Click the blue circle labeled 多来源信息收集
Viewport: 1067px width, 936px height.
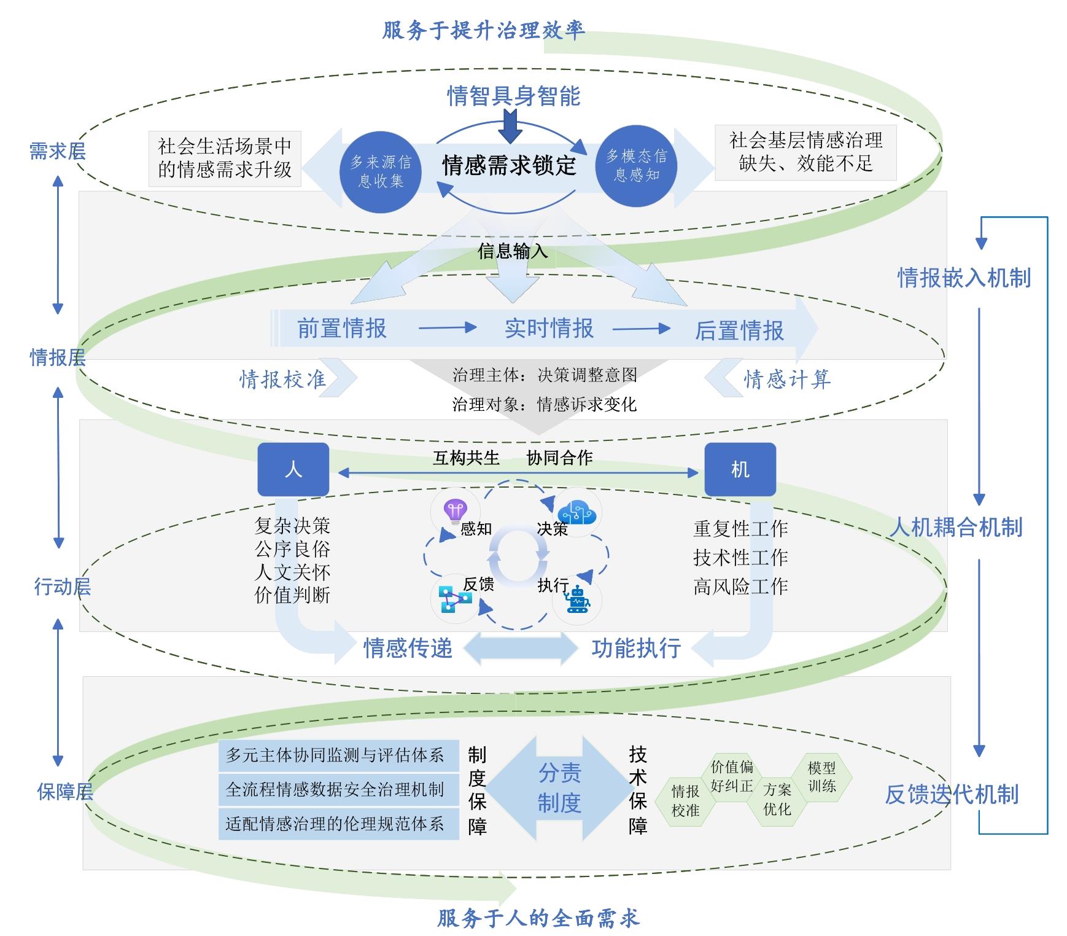[381, 171]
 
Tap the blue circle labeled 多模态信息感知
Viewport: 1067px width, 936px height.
[637, 165]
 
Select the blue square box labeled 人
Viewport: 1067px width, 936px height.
[293, 469]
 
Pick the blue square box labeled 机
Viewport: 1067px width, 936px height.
[740, 469]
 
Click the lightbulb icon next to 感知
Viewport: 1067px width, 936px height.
[455, 511]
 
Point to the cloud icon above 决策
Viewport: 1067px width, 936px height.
[577, 511]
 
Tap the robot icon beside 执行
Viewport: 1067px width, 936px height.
[578, 600]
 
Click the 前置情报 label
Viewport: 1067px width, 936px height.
[342, 329]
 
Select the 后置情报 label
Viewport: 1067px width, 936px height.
[739, 330]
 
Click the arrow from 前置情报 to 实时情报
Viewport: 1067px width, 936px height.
[447, 328]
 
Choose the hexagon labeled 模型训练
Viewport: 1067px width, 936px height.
[822, 777]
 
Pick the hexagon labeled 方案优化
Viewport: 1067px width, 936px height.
[777, 800]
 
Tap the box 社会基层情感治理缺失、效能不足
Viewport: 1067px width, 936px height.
[805, 152]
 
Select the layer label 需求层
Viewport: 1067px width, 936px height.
[58, 151]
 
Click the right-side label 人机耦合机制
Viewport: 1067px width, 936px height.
[956, 527]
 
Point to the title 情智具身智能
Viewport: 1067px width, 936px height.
[513, 96]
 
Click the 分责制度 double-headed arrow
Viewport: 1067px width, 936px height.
[559, 788]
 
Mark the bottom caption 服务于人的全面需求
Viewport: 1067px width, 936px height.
[538, 918]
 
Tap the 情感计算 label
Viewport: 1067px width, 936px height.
[787, 380]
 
